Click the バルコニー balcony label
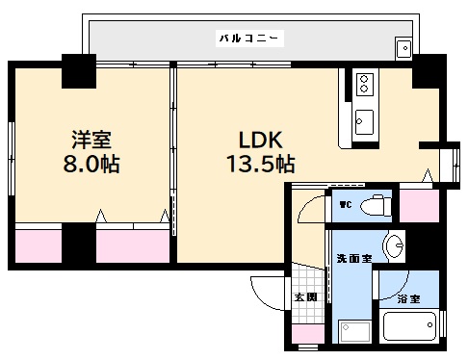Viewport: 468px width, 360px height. (x=248, y=39)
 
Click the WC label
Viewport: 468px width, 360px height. (x=344, y=204)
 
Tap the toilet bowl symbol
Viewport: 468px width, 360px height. (x=377, y=205)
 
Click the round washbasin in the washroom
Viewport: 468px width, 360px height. (x=394, y=247)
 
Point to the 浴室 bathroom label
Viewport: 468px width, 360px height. (x=409, y=299)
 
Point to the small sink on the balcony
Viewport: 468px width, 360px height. (x=403, y=47)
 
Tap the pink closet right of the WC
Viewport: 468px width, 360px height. (x=419, y=205)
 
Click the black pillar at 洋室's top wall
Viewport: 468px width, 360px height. (x=77, y=69)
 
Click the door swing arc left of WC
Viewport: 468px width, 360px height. (x=310, y=209)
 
